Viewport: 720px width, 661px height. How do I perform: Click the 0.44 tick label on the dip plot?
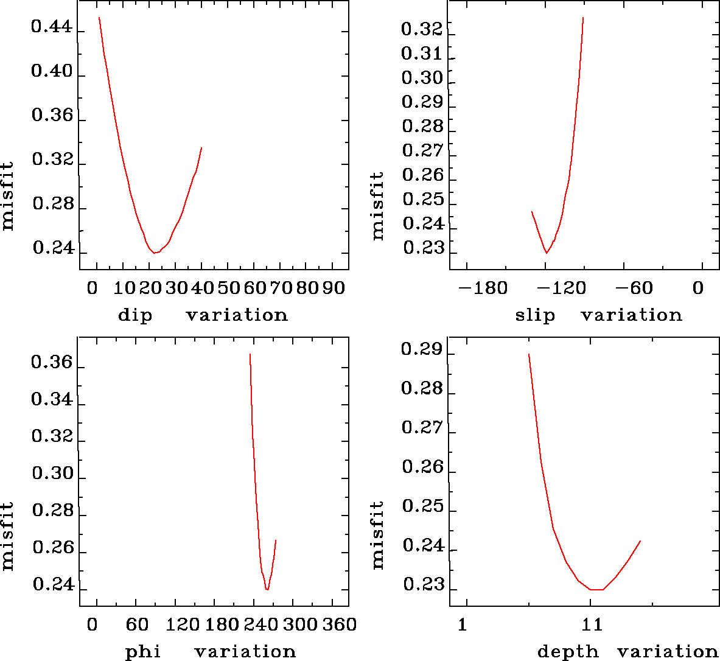pos(52,29)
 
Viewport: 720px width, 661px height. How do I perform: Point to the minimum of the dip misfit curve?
pos(155,252)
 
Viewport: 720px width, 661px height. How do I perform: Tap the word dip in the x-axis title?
pos(135,315)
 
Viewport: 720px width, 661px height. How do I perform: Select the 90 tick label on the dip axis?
pos(334,288)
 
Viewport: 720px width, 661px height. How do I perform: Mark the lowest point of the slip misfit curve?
pos(547,253)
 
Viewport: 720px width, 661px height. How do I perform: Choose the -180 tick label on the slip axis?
pos(483,288)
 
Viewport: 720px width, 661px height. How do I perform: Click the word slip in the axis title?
pos(535,315)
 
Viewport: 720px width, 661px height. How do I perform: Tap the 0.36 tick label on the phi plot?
pos(52,363)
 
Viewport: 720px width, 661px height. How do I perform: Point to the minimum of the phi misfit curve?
pos(267,589)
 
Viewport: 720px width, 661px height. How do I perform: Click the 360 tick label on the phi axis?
pos(339,624)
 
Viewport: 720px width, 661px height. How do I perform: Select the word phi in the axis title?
pos(143,652)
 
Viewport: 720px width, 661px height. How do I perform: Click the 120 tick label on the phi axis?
pos(183,624)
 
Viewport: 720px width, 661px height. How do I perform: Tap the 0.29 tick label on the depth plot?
pos(422,349)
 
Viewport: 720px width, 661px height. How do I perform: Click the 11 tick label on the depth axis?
pos(592,624)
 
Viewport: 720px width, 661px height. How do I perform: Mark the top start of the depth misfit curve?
pos(529,354)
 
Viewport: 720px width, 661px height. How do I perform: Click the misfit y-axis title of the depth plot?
pos(378,534)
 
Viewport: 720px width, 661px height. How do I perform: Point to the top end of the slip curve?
pos(583,18)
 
